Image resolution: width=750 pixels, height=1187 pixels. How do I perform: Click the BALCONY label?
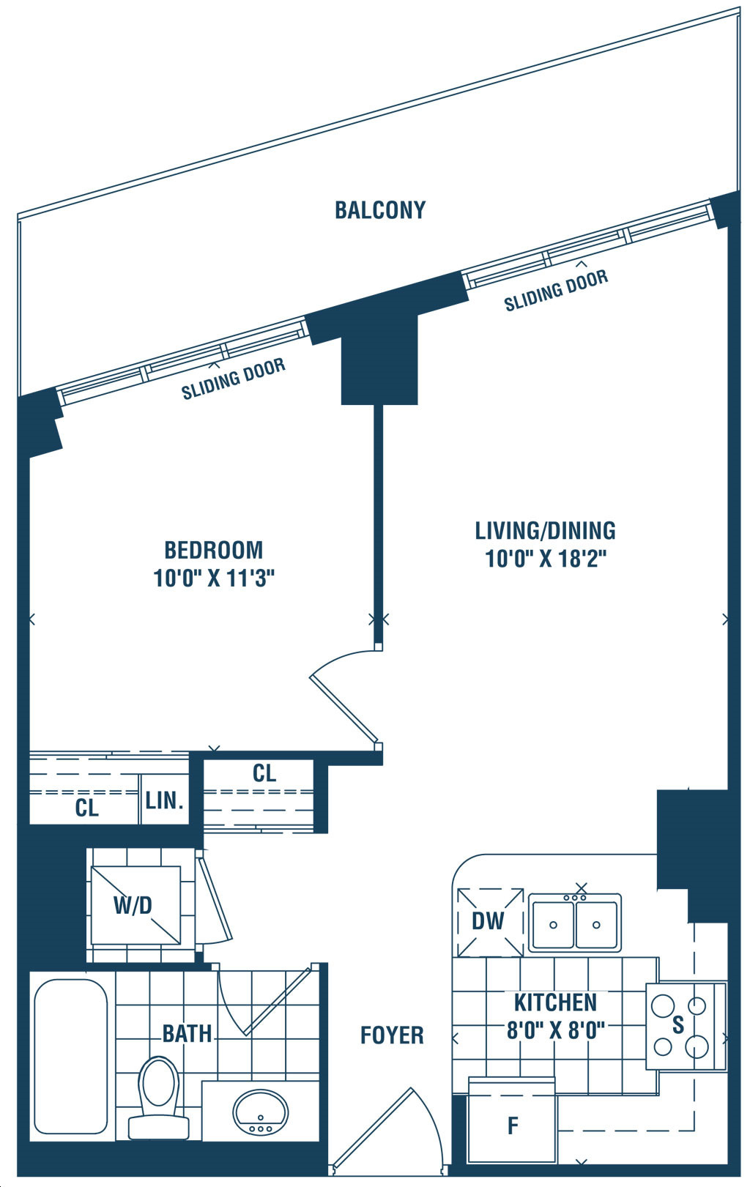pos(380,210)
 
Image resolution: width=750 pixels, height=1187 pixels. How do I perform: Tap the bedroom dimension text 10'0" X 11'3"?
pos(214,578)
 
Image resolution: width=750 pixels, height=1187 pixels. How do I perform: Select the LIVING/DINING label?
pos(545,531)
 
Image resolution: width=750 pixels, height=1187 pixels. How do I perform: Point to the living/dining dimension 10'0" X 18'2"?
pos(546,559)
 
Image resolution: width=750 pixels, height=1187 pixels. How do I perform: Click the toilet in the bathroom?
pos(158,1097)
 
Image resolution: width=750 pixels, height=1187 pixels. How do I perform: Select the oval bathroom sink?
pos(260,1112)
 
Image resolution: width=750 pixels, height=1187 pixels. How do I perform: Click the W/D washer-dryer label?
pos(133,906)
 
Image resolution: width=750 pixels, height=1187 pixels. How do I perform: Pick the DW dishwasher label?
pos(488,921)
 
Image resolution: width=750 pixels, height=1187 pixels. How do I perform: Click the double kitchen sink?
pos(574,923)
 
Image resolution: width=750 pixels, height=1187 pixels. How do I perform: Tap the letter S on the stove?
pos(678,1025)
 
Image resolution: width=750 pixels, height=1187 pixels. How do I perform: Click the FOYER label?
pos(392,1035)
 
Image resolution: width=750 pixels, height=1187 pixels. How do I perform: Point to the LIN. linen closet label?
pos(164,801)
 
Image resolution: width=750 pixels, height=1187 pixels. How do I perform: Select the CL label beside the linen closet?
pos(87,808)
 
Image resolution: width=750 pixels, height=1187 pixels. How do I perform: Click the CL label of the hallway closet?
pos(264,774)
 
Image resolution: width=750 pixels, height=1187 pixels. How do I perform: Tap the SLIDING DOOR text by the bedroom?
pos(233,379)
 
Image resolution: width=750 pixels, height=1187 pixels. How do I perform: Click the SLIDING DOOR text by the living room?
pos(555,291)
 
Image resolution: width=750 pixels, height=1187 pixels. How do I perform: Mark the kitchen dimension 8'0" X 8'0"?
pos(555,1031)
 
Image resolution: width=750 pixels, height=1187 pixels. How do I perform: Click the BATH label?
pos(187,1034)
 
